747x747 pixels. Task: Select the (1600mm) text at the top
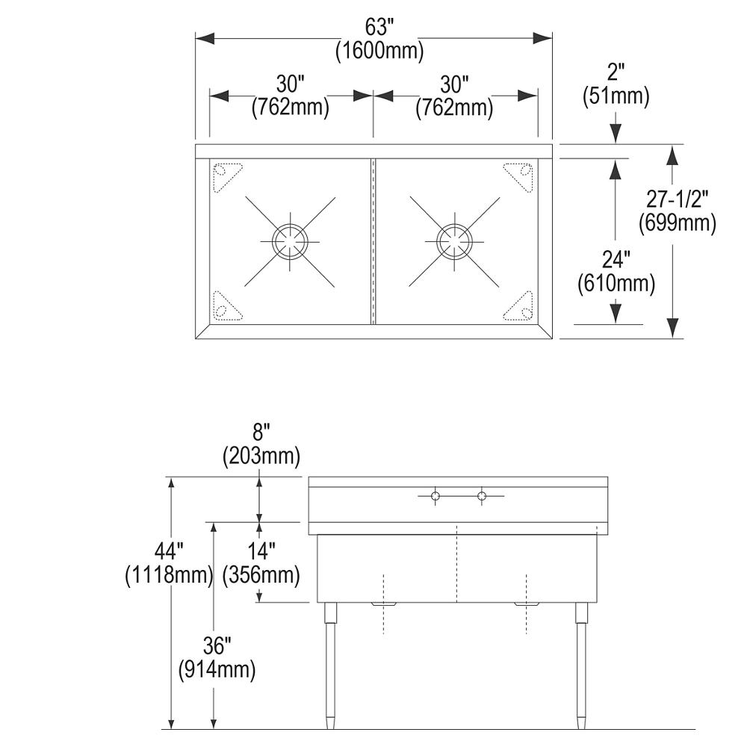coord(379,51)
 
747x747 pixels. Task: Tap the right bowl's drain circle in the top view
coord(454,241)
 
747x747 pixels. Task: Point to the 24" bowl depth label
coord(616,260)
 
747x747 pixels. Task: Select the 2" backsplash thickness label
coord(616,73)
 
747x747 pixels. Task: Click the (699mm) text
coord(678,223)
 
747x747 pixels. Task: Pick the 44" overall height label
coord(169,552)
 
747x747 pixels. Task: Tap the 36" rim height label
coord(217,646)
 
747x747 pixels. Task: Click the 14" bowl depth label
coord(261,552)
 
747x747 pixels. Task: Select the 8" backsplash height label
coord(261,433)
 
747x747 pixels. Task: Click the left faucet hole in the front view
coord(435,497)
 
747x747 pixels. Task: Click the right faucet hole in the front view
coord(482,497)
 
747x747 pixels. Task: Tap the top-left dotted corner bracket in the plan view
coord(227,177)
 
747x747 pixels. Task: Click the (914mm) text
coord(217,670)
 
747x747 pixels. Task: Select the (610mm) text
coord(616,284)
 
